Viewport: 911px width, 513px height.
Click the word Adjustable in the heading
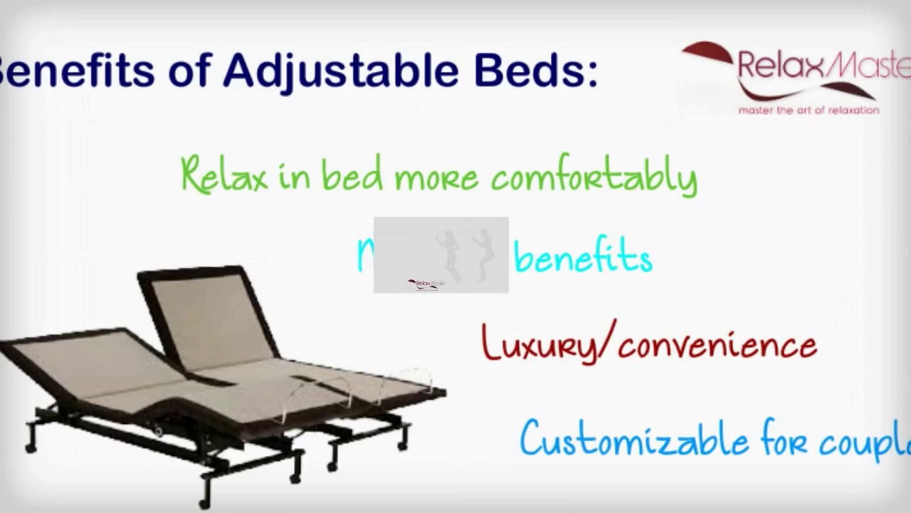[341, 71]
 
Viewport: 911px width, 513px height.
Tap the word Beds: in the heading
[535, 71]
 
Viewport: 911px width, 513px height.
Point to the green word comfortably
[594, 177]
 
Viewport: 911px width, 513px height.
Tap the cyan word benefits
[583, 258]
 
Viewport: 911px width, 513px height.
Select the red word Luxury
[538, 345]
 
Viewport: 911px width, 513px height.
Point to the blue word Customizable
[633, 439]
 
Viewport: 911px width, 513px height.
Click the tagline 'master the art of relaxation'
[809, 110]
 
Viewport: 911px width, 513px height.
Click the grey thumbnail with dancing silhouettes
[441, 254]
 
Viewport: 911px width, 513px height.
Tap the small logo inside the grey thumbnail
[426, 284]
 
